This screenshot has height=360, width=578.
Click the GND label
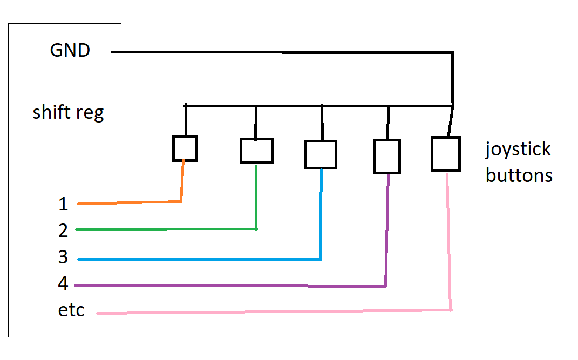(x=70, y=51)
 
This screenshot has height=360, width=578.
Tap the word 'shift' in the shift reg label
(x=52, y=113)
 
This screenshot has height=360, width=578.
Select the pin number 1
(x=63, y=205)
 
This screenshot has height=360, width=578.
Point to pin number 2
(x=63, y=230)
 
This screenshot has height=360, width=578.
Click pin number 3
(x=63, y=257)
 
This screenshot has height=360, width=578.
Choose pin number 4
(x=63, y=283)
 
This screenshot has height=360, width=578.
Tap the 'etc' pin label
(x=71, y=311)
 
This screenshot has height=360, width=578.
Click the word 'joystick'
(x=518, y=150)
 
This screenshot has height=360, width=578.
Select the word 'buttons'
(x=519, y=175)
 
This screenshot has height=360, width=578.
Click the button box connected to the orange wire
(x=185, y=148)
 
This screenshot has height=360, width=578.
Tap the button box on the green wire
(x=256, y=151)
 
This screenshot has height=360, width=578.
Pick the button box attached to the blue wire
(x=320, y=154)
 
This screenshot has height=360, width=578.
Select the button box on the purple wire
(x=386, y=157)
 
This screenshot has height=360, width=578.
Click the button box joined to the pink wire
(x=445, y=154)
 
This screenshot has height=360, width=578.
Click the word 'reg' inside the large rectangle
(x=89, y=114)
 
